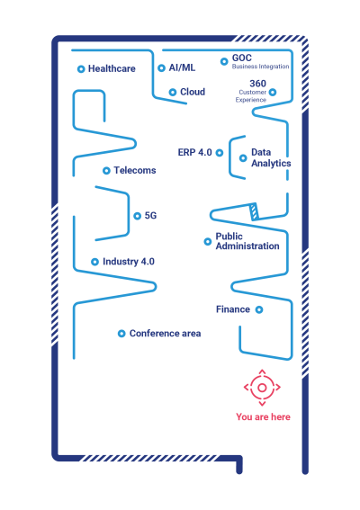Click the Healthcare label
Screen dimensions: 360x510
(x=112, y=68)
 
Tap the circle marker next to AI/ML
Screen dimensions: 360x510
(x=161, y=68)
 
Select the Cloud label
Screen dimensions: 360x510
(x=193, y=92)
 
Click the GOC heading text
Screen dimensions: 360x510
(x=241, y=58)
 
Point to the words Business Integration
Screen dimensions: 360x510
(x=260, y=67)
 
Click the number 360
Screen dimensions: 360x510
(x=257, y=84)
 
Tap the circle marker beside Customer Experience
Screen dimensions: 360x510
(x=273, y=93)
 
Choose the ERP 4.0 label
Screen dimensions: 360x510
(x=194, y=152)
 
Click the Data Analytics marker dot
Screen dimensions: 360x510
(x=243, y=158)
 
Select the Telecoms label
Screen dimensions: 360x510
(x=135, y=170)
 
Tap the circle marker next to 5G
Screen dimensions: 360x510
(x=138, y=216)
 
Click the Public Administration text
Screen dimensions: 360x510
(x=247, y=241)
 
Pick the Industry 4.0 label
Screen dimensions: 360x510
(x=129, y=262)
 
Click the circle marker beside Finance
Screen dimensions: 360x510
(x=259, y=309)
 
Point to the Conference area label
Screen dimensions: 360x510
(x=165, y=334)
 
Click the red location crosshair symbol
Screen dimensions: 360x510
(x=262, y=388)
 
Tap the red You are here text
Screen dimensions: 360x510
(x=263, y=417)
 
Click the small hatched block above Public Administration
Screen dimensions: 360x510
(x=254, y=211)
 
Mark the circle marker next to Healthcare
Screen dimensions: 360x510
(x=81, y=69)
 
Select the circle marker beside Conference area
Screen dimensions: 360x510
(x=121, y=334)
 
